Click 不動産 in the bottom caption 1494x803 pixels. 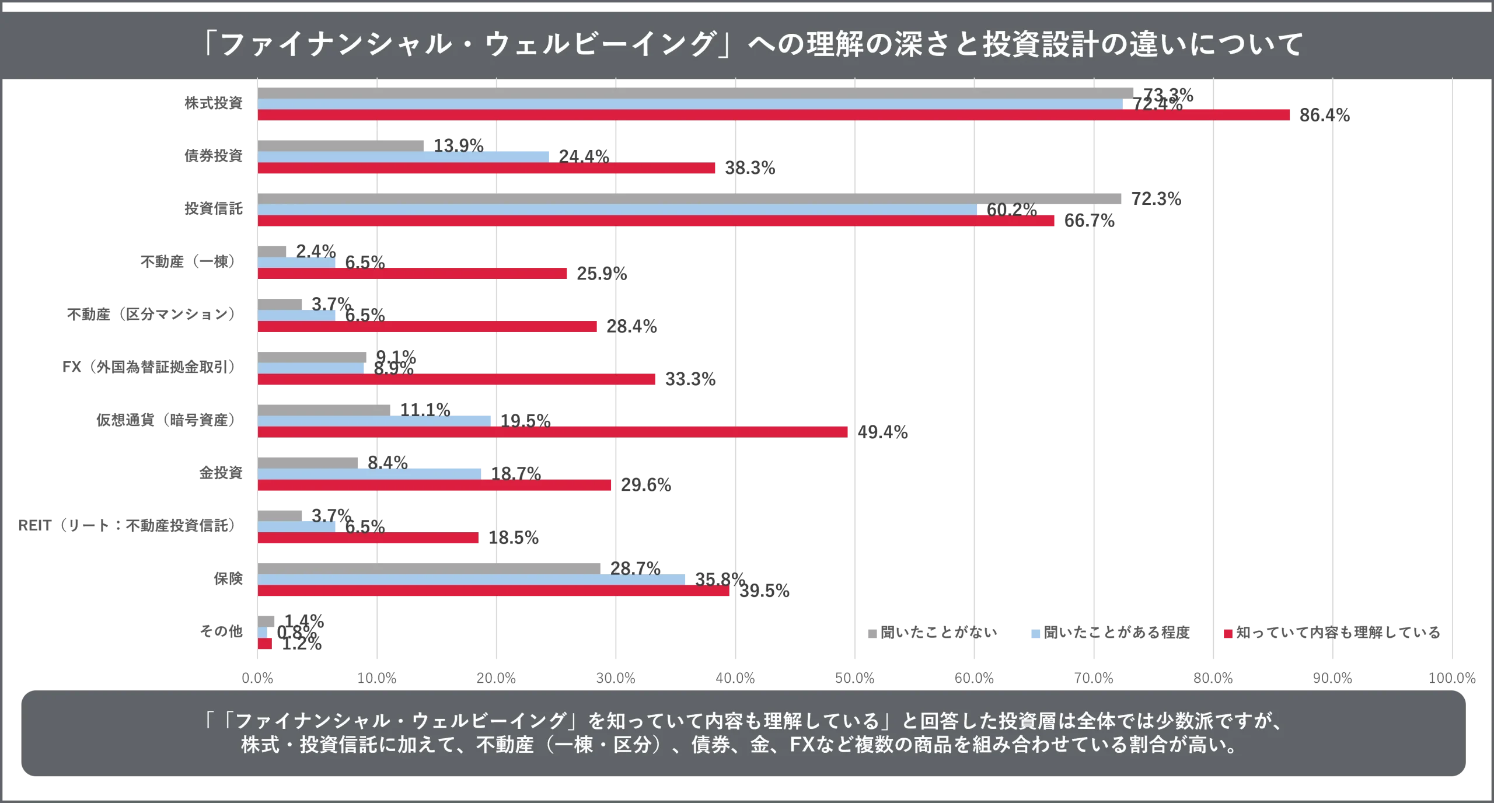[x=505, y=746]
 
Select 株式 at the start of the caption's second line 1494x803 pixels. [x=261, y=746]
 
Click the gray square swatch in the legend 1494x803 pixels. [x=870, y=633]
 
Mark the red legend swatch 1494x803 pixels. [x=1227, y=633]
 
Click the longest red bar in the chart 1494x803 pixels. [x=774, y=116]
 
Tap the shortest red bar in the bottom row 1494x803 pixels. [x=265, y=644]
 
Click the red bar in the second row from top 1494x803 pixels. [x=487, y=168]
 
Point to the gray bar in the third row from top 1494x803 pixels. [x=691, y=198]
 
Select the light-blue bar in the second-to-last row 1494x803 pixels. [x=472, y=579]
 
